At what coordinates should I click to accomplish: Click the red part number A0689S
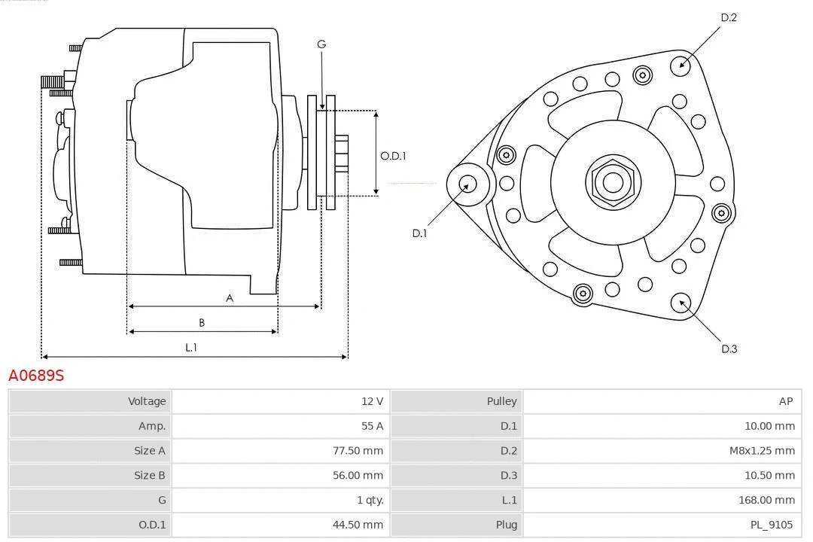36,375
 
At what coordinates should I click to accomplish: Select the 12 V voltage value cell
372,401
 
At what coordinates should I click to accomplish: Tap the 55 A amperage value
372,426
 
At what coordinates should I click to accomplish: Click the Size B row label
149,475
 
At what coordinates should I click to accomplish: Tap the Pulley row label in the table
501,401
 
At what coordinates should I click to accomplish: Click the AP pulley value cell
786,401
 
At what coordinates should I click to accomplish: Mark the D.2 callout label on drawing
728,17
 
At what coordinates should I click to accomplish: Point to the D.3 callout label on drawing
729,349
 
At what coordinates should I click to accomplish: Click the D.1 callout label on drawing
419,233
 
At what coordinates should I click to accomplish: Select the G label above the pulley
321,44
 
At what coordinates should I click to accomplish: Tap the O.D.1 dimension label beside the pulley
393,156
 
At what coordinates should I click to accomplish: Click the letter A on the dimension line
230,298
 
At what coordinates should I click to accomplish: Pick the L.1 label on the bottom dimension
191,347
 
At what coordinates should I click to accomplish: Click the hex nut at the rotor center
613,182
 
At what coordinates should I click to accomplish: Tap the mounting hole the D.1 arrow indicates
467,183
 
